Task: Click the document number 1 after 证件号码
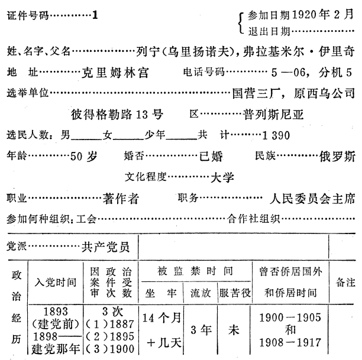pos(95,15)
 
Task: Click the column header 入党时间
pos(56,282)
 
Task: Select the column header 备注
pos(344,282)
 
